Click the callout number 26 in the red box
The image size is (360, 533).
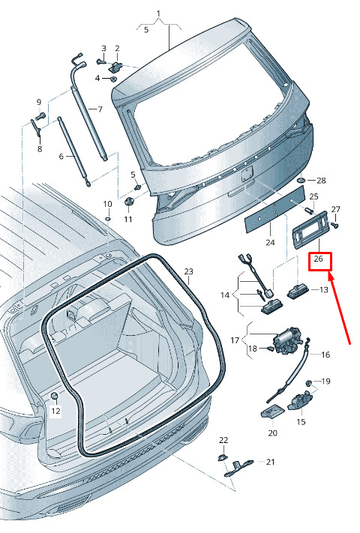click(x=319, y=259)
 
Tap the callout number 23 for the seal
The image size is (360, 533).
click(x=189, y=271)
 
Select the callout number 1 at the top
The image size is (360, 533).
click(x=158, y=13)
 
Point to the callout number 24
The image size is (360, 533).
click(x=270, y=243)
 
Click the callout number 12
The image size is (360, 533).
click(x=55, y=411)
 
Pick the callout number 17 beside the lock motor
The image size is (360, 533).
click(x=235, y=340)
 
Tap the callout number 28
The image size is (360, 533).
click(x=321, y=181)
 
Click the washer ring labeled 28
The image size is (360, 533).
click(x=301, y=179)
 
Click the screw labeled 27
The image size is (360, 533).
click(x=334, y=224)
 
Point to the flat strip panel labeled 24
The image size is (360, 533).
click(x=275, y=210)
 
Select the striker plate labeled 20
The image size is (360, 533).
click(x=273, y=412)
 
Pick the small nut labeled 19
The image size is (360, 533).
click(x=309, y=383)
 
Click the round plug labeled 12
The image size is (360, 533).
click(x=54, y=395)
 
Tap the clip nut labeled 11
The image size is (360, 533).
click(x=129, y=201)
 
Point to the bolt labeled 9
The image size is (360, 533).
click(x=40, y=116)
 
